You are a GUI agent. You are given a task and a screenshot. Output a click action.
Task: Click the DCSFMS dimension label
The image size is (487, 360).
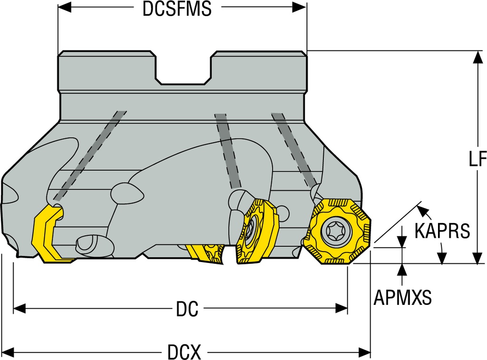click(177, 10)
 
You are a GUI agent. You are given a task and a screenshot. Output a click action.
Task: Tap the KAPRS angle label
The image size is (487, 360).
click(442, 231)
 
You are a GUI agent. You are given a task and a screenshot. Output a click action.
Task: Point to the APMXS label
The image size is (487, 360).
click(402, 298)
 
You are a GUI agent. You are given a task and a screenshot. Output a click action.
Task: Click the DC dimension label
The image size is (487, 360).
click(187, 310)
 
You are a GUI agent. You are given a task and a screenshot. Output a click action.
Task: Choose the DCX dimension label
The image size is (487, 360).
click(184, 352)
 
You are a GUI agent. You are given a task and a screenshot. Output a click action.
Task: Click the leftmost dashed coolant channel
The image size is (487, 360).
click(90, 155)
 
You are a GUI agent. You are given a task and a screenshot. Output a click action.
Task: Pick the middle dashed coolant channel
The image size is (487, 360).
click(227, 150)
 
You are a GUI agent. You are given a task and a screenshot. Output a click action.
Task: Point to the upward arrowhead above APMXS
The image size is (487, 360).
click(402, 270)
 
